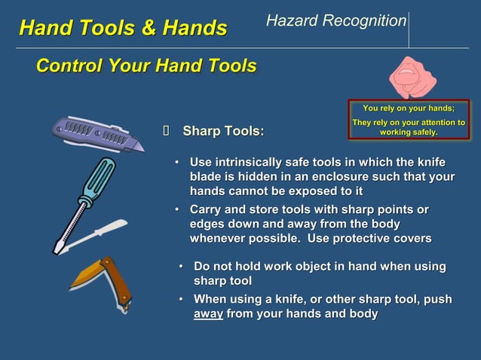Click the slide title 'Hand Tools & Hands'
click(123, 29)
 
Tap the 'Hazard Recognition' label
click(335, 21)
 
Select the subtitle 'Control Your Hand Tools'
click(146, 66)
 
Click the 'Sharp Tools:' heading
click(223, 133)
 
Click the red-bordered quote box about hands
click(408, 119)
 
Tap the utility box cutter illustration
click(98, 136)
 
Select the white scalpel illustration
click(94, 234)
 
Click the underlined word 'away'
click(208, 314)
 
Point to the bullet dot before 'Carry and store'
click(177, 209)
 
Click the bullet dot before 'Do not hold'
click(182, 267)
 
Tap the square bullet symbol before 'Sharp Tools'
click(167, 133)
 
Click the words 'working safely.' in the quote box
click(408, 132)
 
